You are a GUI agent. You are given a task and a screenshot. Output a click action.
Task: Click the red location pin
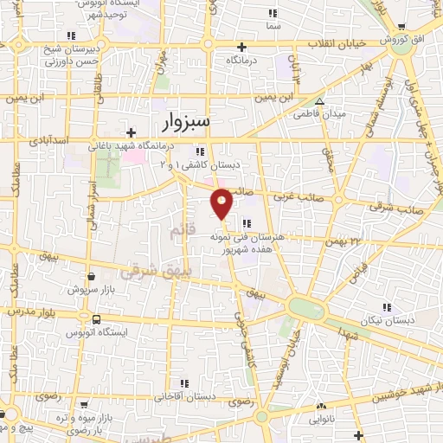(x=222, y=202)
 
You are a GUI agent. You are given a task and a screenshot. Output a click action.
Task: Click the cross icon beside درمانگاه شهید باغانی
(x=130, y=132)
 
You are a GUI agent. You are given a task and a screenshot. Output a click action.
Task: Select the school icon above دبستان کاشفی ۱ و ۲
(x=234, y=151)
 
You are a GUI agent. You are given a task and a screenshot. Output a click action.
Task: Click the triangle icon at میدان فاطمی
(x=319, y=101)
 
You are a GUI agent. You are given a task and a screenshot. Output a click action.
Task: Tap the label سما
(x=274, y=27)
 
